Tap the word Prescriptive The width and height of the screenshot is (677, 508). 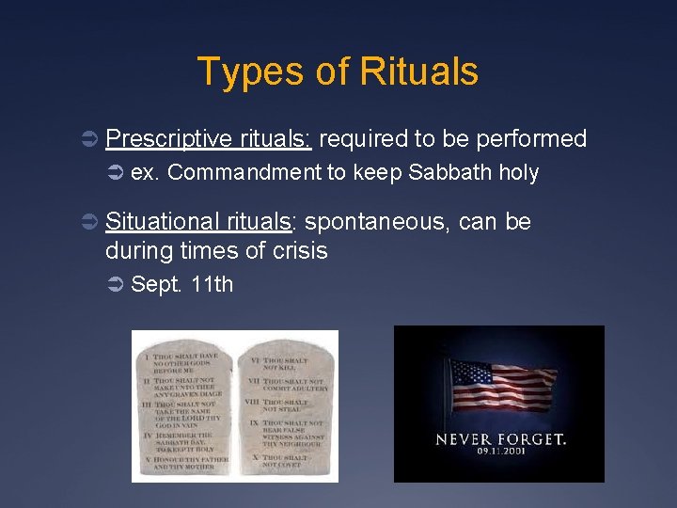pyautogui.click(x=168, y=140)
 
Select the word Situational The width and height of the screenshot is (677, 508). pyautogui.click(x=164, y=223)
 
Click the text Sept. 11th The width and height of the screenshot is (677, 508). pyautogui.click(x=181, y=284)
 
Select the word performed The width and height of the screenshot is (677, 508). pyautogui.click(x=531, y=140)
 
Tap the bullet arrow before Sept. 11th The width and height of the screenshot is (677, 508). pyautogui.click(x=116, y=284)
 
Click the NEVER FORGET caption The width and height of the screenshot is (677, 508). pyautogui.click(x=499, y=439)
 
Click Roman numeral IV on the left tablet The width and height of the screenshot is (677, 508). pyautogui.click(x=147, y=435)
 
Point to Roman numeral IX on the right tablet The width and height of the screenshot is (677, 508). pyautogui.click(x=252, y=424)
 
